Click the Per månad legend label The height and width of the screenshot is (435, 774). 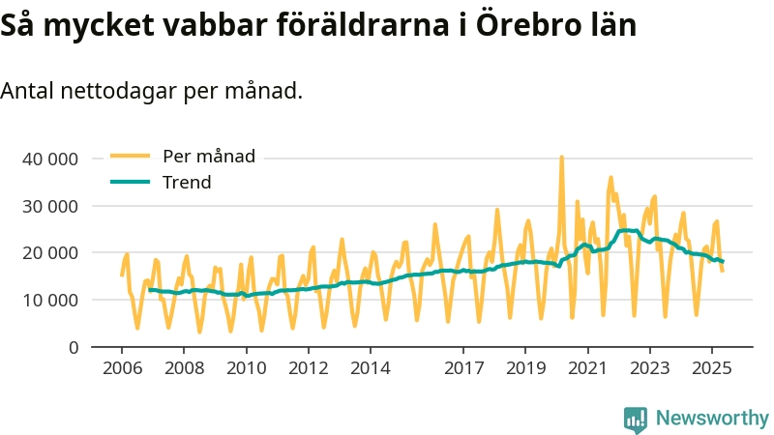209,156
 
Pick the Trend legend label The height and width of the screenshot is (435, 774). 187,182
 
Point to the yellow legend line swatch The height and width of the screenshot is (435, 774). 130,156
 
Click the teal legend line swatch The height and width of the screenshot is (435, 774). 130,182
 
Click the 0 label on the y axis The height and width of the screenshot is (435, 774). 73,346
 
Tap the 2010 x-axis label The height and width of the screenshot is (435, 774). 246,368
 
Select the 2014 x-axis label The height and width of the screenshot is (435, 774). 370,368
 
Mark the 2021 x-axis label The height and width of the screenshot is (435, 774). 587,368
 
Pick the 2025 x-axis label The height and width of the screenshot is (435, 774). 711,368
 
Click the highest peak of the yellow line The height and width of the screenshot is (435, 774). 561,157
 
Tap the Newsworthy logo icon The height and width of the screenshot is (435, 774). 636,419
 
